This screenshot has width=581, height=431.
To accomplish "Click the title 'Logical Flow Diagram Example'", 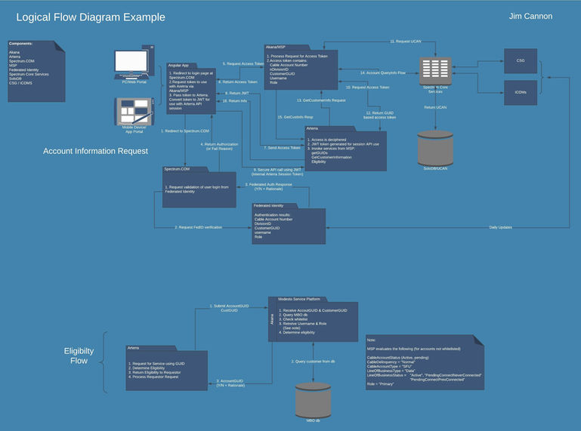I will click(90, 17).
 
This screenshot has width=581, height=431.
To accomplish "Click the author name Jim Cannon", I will click(530, 16).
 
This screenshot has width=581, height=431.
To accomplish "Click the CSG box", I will click(521, 60).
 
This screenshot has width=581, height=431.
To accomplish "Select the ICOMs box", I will click(521, 92).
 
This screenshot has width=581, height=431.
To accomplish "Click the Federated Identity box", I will click(289, 224).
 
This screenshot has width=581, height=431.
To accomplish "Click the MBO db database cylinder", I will click(313, 401).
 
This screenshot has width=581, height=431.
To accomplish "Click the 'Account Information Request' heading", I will click(95, 151).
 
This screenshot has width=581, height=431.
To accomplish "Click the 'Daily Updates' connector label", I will click(500, 226).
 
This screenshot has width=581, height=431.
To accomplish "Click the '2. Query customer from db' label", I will click(313, 362).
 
